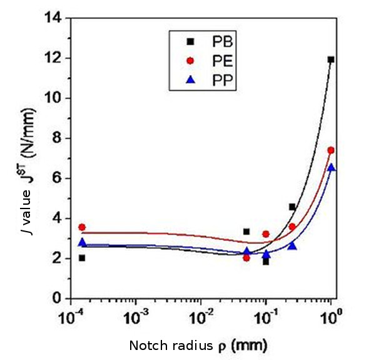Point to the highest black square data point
[331, 59]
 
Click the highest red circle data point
[331, 150]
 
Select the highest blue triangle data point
[331, 168]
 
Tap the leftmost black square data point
[82, 258]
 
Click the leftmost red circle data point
[82, 227]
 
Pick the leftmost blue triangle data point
[82, 242]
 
